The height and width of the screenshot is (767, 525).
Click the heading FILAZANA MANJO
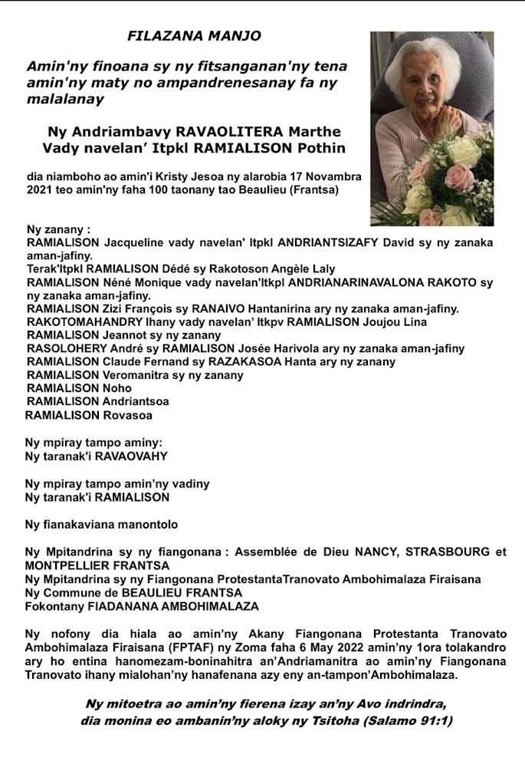194,36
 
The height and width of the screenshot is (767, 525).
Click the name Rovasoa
129,416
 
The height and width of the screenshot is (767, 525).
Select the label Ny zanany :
58,229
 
